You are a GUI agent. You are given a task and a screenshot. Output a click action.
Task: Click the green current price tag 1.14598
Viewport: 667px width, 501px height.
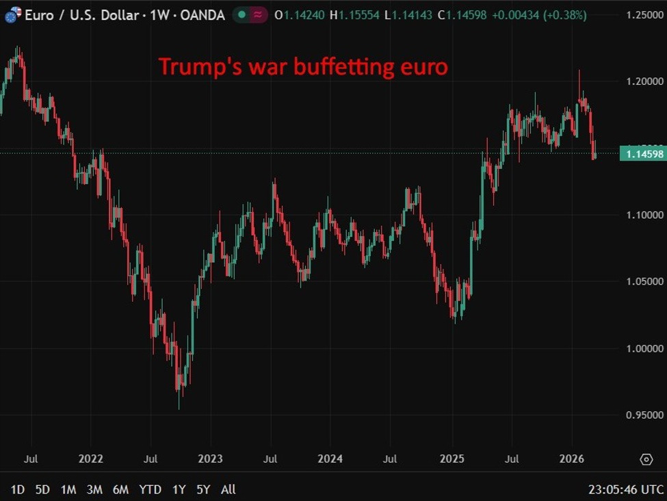click(642, 154)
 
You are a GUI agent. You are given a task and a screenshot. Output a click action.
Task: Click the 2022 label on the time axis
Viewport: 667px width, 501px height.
click(91, 459)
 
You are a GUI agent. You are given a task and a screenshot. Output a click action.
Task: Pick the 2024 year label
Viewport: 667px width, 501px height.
click(330, 459)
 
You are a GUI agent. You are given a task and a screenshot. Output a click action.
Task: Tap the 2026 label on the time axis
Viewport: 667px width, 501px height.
click(572, 459)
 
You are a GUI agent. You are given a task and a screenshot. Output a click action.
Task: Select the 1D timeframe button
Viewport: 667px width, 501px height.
click(18, 489)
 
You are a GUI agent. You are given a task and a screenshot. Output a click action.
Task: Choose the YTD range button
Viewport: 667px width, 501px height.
click(150, 489)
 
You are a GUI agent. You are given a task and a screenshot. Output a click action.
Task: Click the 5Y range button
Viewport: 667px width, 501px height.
click(203, 489)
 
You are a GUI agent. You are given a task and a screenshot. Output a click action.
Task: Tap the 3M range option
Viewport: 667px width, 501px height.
click(94, 489)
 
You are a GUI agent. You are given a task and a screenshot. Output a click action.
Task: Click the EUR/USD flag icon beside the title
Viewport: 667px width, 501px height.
click(12, 15)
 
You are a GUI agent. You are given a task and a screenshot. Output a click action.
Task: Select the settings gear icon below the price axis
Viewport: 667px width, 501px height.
click(646, 459)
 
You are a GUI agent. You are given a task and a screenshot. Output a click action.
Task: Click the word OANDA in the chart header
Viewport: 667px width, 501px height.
click(202, 15)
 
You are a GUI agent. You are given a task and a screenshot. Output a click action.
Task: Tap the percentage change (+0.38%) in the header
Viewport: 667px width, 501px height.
click(565, 15)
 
